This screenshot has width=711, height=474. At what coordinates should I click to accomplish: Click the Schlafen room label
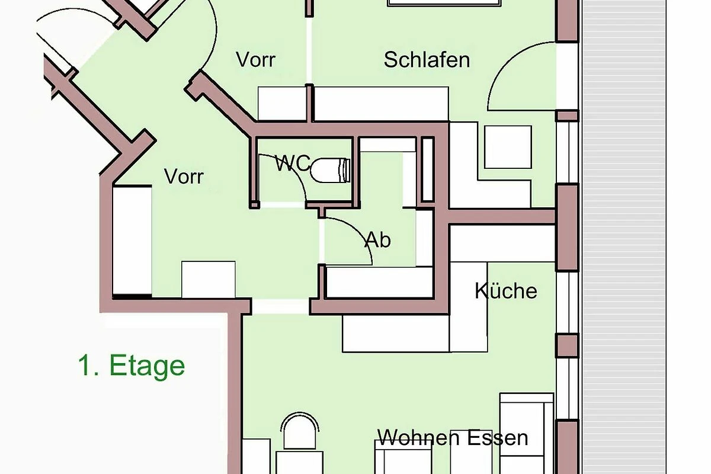tap(427, 60)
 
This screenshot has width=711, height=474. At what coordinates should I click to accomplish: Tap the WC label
tap(293, 163)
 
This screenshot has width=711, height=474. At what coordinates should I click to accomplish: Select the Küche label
tap(506, 290)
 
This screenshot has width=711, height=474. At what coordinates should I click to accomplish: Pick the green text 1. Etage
tap(132, 366)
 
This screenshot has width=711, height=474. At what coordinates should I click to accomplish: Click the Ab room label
tap(378, 240)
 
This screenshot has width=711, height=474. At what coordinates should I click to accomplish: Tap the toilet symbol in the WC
tap(330, 170)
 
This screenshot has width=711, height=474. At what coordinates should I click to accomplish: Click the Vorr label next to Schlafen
tap(255, 59)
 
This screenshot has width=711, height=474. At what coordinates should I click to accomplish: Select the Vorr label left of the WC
tap(184, 177)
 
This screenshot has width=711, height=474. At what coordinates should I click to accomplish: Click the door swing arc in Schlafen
tap(505, 63)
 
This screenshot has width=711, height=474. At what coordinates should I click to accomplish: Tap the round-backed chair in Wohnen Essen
tap(300, 431)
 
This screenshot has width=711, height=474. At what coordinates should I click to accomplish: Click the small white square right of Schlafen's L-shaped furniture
tap(508, 147)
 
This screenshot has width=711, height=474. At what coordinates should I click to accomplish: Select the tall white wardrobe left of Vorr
tap(132, 241)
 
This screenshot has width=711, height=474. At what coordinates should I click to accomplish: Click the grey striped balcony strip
tap(624, 237)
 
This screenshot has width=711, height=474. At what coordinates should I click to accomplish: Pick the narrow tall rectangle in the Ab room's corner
tap(428, 169)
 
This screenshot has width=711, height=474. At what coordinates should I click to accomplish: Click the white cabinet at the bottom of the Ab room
tap(380, 282)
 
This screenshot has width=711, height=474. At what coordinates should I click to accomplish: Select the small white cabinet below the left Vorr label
tap(208, 280)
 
